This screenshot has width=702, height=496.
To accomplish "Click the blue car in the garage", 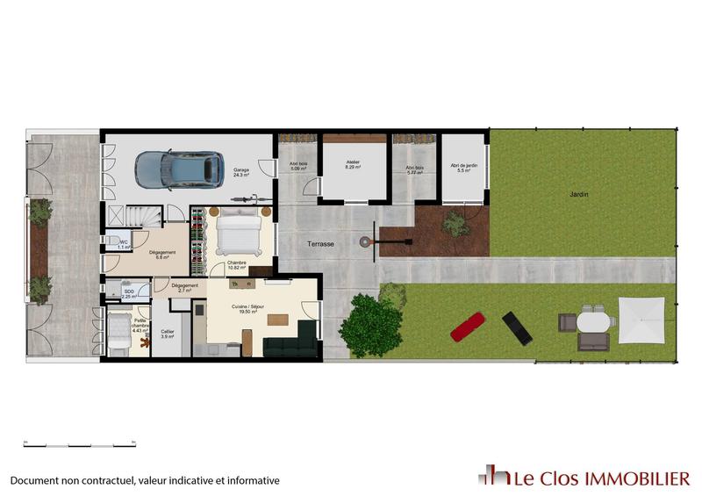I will coord(177,169).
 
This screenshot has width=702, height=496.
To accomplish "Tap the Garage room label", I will coord(241,172).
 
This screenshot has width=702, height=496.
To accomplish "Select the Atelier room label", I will coord(353,163).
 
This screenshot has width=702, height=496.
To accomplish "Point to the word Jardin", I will coord(578,195).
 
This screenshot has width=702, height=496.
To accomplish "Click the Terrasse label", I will coord(320,244).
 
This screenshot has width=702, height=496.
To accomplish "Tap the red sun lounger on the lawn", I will coord(466,326).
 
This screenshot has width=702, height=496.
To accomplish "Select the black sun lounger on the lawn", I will coord(516,327).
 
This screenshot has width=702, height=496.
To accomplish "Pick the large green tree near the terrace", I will coord(371,324).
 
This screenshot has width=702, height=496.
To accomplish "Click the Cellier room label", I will coord(167,333).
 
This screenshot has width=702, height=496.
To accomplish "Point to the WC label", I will coord(124,243).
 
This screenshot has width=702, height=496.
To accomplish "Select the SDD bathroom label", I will coord(128,292).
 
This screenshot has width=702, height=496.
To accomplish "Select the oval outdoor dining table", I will coord(593,322).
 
